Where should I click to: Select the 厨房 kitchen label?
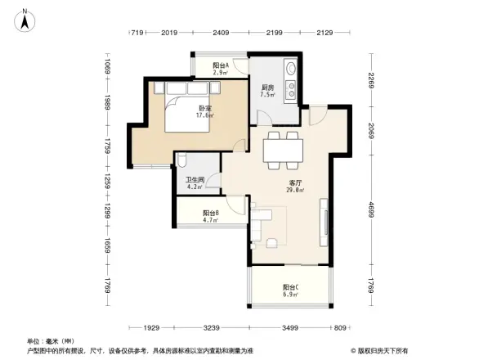[x=267, y=88]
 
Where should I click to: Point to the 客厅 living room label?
[x=295, y=182]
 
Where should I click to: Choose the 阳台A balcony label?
[x=220, y=65]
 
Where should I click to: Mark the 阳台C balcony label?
[x=290, y=287]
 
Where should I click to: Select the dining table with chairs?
[x=284, y=148]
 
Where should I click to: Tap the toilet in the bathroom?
[x=182, y=161]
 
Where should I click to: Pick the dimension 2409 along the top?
[x=221, y=33]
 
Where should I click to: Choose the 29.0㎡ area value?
[x=295, y=190]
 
